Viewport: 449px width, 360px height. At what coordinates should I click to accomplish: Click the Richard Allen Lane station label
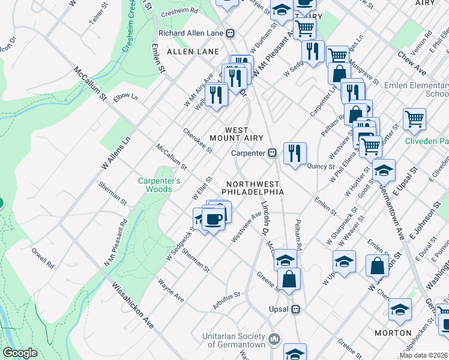coord(190,34)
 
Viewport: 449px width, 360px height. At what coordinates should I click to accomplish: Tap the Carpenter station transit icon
coord(272,153)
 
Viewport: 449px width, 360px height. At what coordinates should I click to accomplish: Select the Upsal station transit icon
coord(295,310)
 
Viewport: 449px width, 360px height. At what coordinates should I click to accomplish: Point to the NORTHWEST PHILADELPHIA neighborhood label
coord(252,188)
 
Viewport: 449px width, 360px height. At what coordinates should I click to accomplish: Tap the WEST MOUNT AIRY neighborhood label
coord(237,134)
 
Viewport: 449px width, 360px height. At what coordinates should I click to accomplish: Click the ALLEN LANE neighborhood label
coord(193,52)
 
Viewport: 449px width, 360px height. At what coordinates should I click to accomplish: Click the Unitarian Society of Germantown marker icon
coord(274,339)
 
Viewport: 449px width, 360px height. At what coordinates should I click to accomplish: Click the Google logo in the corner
coord(20,353)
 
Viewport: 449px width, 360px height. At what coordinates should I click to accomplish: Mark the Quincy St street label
coord(321,166)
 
